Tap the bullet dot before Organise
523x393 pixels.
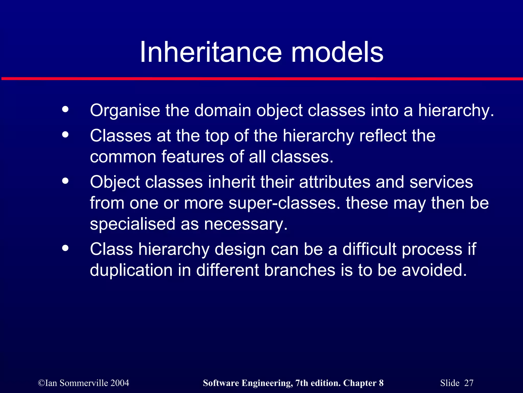pyautogui.click(x=65, y=110)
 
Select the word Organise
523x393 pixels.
pyautogui.click(x=125, y=111)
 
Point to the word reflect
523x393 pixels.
pyautogui.click(x=383, y=136)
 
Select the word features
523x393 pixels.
pyautogui.click(x=193, y=157)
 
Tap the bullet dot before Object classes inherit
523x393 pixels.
pyautogui.click(x=65, y=181)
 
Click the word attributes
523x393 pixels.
pyautogui.click(x=335, y=182)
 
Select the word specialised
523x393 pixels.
pyautogui.click(x=133, y=224)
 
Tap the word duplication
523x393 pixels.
pyautogui.click(x=131, y=270)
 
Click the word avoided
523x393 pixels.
pyautogui.click(x=434, y=270)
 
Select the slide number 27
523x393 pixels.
pyautogui.click(x=469, y=383)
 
